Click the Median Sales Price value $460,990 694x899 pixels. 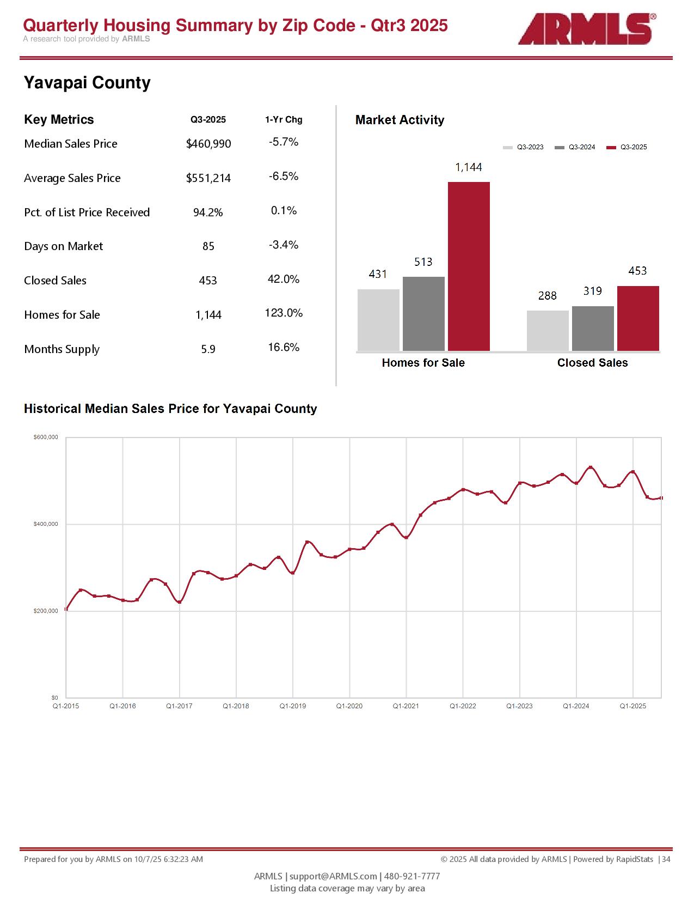click(x=208, y=144)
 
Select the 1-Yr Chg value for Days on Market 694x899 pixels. click(x=284, y=245)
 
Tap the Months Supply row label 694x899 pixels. click(x=62, y=349)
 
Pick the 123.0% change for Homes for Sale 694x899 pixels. click(x=284, y=313)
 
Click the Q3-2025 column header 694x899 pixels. click(x=208, y=120)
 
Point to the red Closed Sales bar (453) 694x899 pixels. click(x=638, y=318)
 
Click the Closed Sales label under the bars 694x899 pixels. click(x=592, y=363)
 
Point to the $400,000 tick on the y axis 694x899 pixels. click(x=46, y=524)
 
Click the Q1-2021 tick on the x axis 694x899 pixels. click(x=406, y=706)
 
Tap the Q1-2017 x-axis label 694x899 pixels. click(x=179, y=706)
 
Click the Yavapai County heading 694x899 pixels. click(x=87, y=83)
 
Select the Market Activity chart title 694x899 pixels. click(x=400, y=120)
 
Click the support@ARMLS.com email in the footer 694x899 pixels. click(x=333, y=876)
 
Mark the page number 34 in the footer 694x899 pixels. click(x=666, y=859)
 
